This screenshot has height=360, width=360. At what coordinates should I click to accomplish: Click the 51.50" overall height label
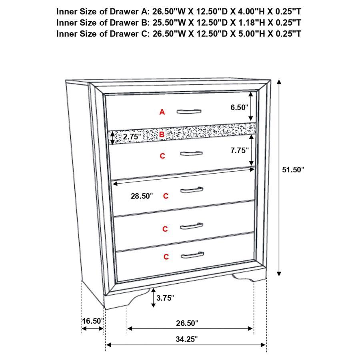[293, 170]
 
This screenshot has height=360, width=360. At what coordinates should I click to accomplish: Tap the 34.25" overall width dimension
[187, 339]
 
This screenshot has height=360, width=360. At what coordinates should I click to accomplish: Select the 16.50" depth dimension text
[93, 321]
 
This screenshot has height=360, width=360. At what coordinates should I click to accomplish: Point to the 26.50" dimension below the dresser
[187, 323]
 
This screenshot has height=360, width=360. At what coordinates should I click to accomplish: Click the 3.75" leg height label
[165, 298]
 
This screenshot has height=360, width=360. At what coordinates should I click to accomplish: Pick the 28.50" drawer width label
[142, 196]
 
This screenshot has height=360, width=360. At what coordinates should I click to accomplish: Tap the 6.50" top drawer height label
[239, 107]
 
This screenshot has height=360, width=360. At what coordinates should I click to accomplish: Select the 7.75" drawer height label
[240, 151]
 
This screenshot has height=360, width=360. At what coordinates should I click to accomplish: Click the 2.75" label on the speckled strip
[132, 136]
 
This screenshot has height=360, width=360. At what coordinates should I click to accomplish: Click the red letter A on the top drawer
[162, 112]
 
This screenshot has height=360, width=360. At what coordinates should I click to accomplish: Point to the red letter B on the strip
[162, 134]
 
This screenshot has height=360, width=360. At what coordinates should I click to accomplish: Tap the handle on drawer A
[190, 111]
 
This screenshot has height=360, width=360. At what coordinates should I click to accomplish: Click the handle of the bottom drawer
[192, 255]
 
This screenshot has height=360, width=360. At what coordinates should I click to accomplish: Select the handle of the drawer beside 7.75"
[191, 153]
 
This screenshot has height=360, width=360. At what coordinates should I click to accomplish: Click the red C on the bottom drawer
[166, 257]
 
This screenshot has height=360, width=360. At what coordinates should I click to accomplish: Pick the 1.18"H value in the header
[245, 22]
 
